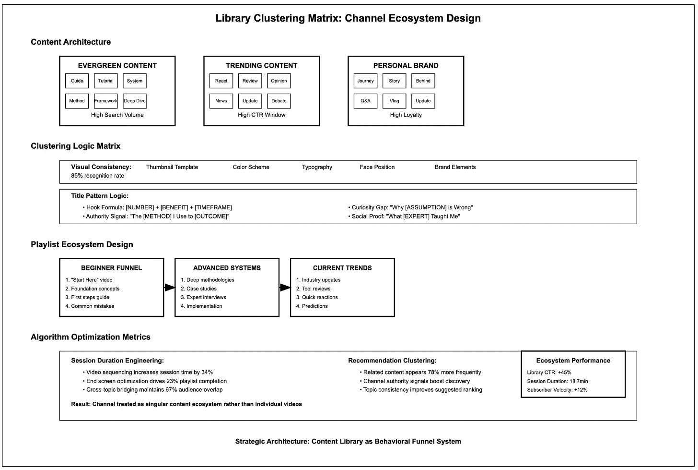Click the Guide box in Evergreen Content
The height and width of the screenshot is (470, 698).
tap(77, 81)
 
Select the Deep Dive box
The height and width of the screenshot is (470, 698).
tap(135, 101)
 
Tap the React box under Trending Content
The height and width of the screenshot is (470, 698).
tap(221, 81)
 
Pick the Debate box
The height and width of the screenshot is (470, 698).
tap(279, 101)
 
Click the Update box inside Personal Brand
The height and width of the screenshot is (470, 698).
tap(423, 101)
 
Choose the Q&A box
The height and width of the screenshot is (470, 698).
tap(365, 101)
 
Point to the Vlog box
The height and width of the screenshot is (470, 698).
tap(394, 101)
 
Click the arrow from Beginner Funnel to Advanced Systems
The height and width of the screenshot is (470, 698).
tap(169, 288)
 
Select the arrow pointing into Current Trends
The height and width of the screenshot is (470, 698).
tap(285, 288)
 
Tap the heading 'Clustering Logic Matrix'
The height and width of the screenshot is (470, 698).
tap(76, 146)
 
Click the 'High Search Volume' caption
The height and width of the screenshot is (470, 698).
tap(117, 115)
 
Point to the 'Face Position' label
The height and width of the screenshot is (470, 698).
tap(377, 167)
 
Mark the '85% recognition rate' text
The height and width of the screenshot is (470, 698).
tap(97, 176)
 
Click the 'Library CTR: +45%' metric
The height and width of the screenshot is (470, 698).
tap(549, 373)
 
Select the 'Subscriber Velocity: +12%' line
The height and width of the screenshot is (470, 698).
tap(557, 390)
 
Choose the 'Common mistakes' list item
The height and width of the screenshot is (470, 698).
tap(92, 306)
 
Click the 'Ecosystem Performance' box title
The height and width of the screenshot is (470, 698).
tap(573, 361)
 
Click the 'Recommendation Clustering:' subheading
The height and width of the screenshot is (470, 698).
tap(392, 361)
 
